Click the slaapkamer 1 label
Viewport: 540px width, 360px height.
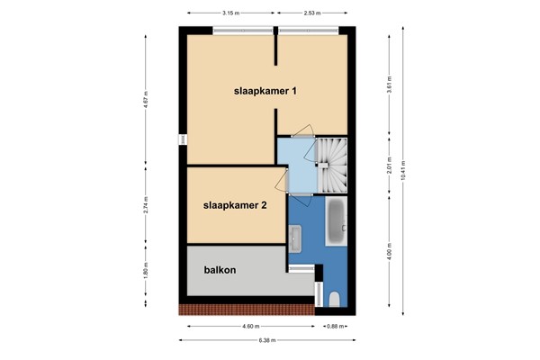click(266, 91)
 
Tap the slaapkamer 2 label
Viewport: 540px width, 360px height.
click(236, 204)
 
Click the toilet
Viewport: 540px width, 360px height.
click(332, 298)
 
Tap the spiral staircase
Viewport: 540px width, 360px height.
click(329, 165)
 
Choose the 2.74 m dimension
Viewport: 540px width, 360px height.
click(144, 205)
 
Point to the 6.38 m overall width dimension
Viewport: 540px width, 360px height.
click(267, 340)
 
